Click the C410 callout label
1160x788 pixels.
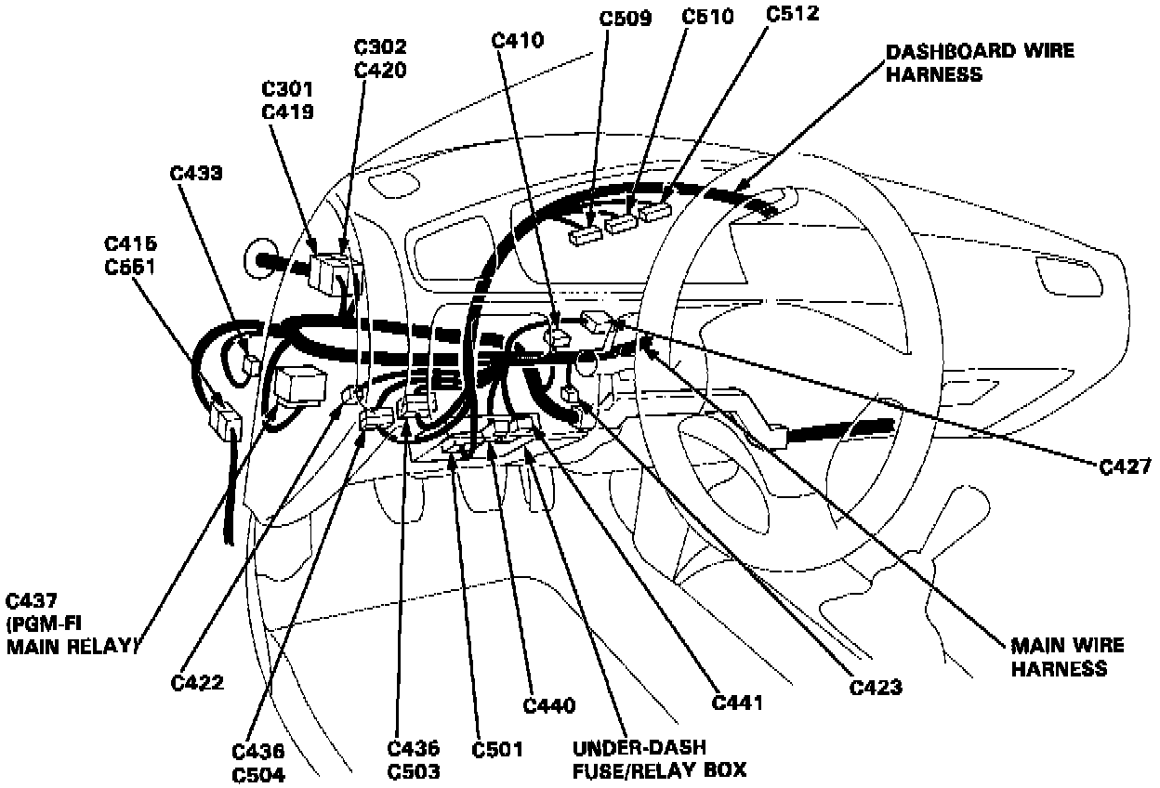click(x=520, y=39)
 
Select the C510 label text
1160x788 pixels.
click(x=707, y=17)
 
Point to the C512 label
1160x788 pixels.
click(x=793, y=16)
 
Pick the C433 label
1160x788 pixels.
click(x=196, y=174)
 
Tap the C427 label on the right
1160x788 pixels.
click(x=1126, y=467)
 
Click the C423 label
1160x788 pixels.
click(x=877, y=687)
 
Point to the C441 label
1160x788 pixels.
click(x=737, y=703)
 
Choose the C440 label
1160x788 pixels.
click(x=549, y=705)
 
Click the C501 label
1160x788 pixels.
click(x=497, y=749)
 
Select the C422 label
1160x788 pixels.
click(x=197, y=683)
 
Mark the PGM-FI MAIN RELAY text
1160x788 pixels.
click(x=72, y=637)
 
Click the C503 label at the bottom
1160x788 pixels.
click(x=415, y=770)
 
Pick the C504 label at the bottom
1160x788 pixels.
click(x=259, y=774)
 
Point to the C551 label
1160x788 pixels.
click(x=130, y=266)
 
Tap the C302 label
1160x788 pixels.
click(x=380, y=46)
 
